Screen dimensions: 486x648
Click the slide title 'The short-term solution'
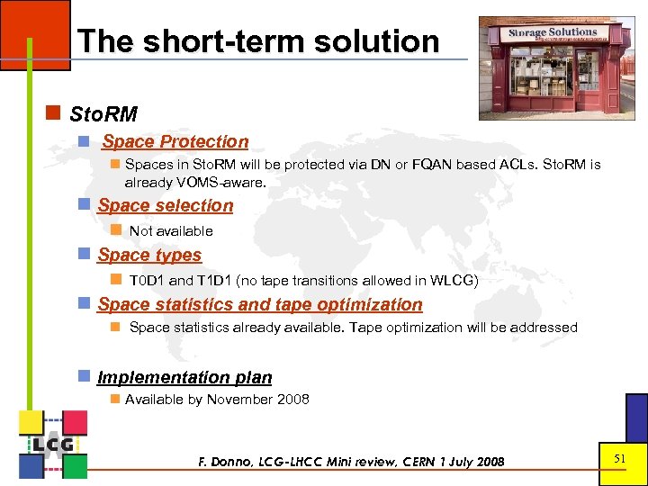tap(258, 41)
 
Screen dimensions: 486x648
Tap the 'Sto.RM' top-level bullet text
tap(103, 114)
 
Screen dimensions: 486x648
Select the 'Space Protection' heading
tap(175, 141)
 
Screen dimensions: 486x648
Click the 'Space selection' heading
tap(166, 205)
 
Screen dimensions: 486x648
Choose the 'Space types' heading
tap(149, 255)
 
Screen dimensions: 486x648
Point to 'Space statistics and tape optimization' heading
tap(260, 304)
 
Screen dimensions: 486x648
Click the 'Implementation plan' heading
tap(184, 377)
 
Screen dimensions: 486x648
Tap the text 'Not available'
tap(171, 231)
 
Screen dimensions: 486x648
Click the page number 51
tap(619, 459)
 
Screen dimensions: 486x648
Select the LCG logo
tap(53, 444)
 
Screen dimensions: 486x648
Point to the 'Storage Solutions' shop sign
tap(552, 32)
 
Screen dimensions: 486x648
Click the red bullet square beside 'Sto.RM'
tap(53, 113)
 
